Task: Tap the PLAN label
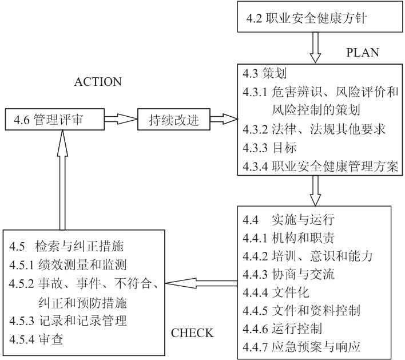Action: [x=363, y=52]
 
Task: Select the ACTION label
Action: [x=98, y=82]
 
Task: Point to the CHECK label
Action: [x=192, y=333]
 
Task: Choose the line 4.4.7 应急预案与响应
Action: [x=301, y=347]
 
